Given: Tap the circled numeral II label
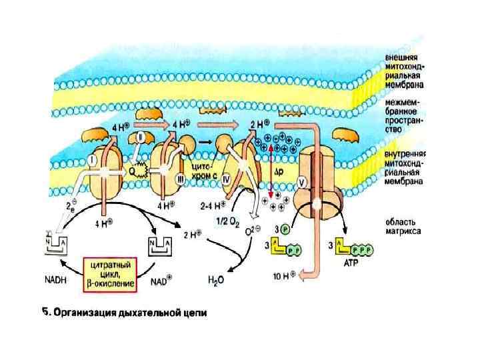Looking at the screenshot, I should click(141, 137).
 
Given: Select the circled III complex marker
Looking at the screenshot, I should click(179, 179).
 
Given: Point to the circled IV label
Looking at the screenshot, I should click(225, 179).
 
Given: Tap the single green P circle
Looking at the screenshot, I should click(285, 229).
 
